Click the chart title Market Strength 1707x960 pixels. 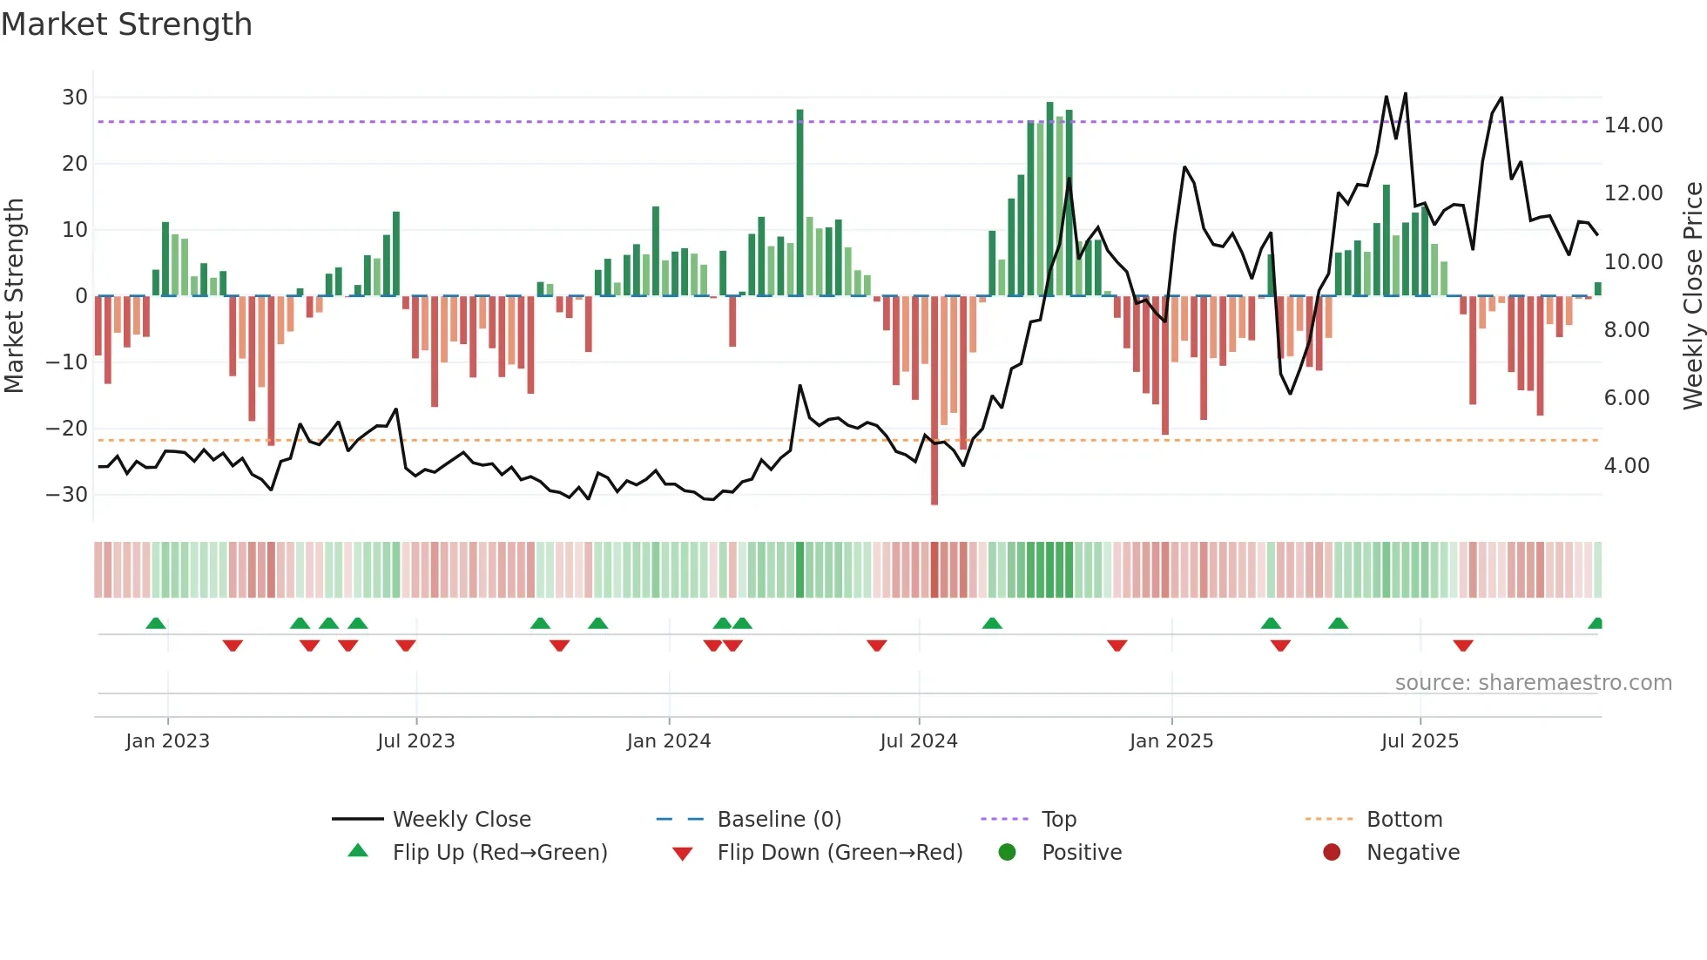[x=126, y=24]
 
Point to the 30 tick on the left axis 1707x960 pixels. [x=75, y=98]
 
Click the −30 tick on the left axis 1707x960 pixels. [x=67, y=495]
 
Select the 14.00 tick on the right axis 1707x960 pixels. [x=1633, y=125]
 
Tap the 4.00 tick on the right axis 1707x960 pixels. [x=1626, y=466]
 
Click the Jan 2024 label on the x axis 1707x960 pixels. [x=668, y=741]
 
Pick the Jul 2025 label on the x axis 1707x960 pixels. [x=1419, y=741]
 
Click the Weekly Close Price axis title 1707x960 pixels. [x=1692, y=295]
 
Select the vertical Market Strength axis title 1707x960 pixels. [x=14, y=295]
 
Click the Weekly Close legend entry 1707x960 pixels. [x=461, y=820]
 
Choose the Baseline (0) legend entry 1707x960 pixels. [x=779, y=820]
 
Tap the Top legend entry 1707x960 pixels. [x=1058, y=820]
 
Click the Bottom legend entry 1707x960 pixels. [x=1404, y=820]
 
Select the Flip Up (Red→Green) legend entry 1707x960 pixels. [x=499, y=853]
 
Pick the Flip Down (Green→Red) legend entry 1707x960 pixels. [x=839, y=853]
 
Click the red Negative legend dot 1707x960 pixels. [x=1331, y=852]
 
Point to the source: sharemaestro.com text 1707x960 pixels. [x=1533, y=683]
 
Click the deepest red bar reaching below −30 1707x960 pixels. [x=934, y=401]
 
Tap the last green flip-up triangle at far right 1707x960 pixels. [x=1596, y=624]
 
